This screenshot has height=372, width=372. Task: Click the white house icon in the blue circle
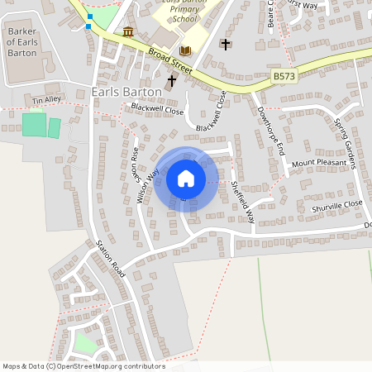click(185, 179)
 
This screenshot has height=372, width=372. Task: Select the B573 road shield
click(284, 75)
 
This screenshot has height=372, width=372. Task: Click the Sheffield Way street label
click(243, 202)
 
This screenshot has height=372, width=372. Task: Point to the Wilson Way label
click(151, 185)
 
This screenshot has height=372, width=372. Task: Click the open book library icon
click(185, 50)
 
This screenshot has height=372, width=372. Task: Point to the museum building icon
click(128, 31)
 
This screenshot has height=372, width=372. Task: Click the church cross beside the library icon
click(226, 44)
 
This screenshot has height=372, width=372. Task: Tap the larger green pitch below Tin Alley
click(34, 125)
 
